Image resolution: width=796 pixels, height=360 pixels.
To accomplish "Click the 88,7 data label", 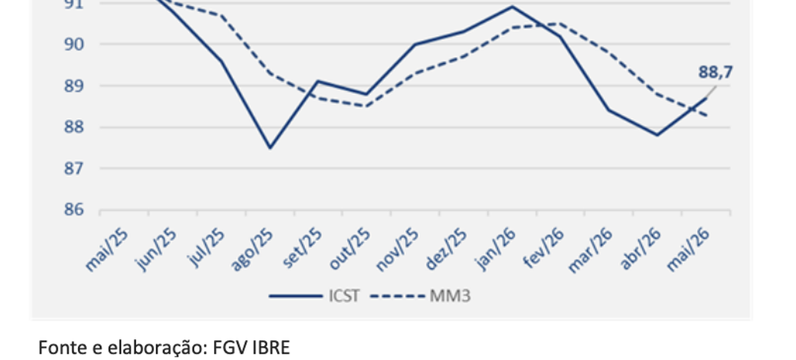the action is click(x=716, y=73).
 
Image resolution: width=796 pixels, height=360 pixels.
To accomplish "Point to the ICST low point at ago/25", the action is click(x=270, y=148).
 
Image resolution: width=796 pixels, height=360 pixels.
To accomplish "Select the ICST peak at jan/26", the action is click(x=512, y=7).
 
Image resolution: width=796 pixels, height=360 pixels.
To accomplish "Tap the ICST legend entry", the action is click(x=314, y=296).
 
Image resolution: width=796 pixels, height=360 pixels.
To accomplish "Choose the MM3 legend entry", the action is click(x=421, y=296).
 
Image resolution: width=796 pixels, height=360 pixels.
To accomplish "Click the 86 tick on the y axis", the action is click(x=74, y=209).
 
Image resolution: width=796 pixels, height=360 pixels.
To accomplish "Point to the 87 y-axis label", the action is click(x=74, y=168).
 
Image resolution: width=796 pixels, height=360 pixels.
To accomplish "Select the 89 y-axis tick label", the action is click(x=74, y=86).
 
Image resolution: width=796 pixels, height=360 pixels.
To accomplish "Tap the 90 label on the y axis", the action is click(x=74, y=44).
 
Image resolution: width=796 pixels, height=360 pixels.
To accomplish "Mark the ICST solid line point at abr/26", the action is click(x=657, y=135).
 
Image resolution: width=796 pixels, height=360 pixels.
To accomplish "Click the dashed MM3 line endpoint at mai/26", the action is click(x=706, y=116).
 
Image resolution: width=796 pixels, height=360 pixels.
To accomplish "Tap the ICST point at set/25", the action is click(x=318, y=81).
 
